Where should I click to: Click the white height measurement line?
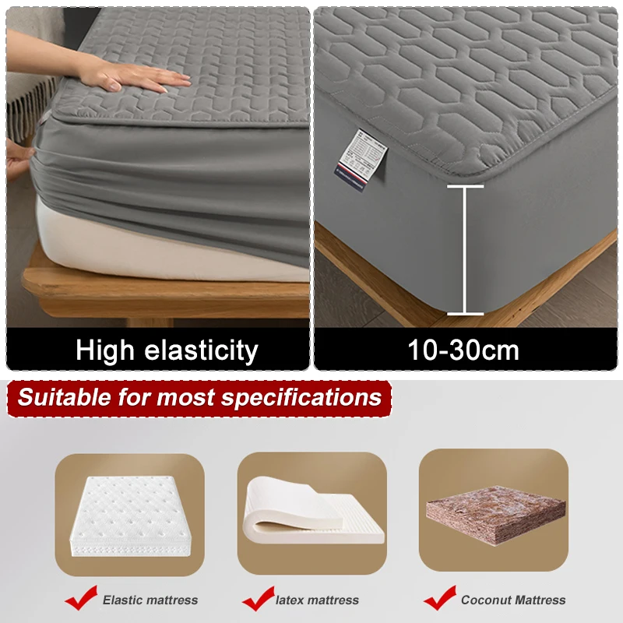[x=465, y=249]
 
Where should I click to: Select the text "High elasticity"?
[x=167, y=350]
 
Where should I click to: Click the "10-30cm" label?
[x=463, y=350]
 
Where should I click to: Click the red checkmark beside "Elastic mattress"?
[x=80, y=600]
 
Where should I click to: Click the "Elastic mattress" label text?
[x=150, y=600]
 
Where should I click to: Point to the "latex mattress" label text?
[x=318, y=600]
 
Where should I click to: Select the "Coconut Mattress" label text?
[x=512, y=600]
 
